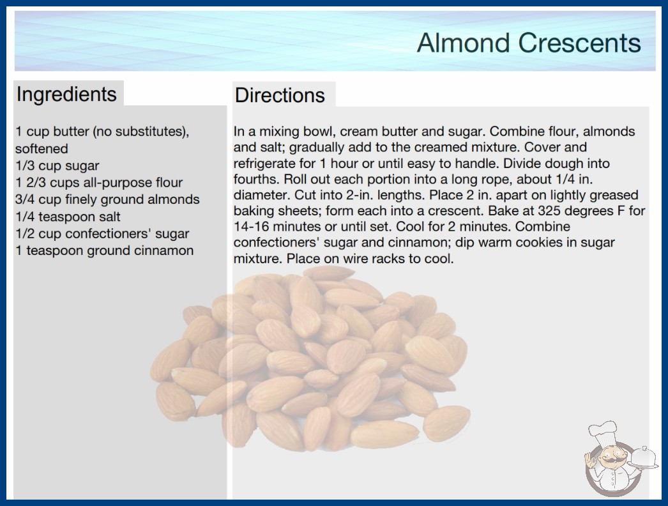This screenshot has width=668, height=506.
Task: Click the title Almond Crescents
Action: point(529,43)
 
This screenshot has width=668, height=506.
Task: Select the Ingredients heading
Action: point(66,95)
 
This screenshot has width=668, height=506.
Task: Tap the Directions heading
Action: point(280,95)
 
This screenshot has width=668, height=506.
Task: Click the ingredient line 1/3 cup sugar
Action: point(57,165)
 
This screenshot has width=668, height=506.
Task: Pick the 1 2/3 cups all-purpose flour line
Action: point(99,183)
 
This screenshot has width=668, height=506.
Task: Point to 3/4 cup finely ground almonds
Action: point(107,199)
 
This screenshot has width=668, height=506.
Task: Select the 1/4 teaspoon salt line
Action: point(68,217)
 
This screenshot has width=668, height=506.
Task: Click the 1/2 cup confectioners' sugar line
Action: point(102,234)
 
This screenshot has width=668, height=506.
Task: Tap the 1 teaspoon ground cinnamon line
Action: point(104,250)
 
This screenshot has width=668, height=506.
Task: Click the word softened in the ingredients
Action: point(42,148)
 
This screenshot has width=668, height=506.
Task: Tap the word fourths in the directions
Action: point(257,179)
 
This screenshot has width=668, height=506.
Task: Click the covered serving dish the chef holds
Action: point(643,458)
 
